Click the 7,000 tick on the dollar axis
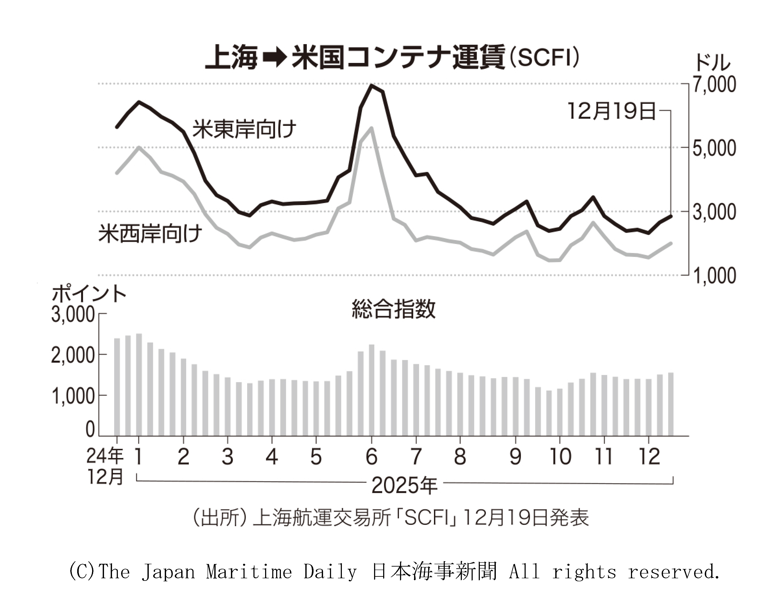tap(714, 85)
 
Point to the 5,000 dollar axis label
tap(714, 149)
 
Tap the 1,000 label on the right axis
tap(714, 276)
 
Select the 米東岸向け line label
tap(244, 129)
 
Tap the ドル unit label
tap(712, 64)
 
